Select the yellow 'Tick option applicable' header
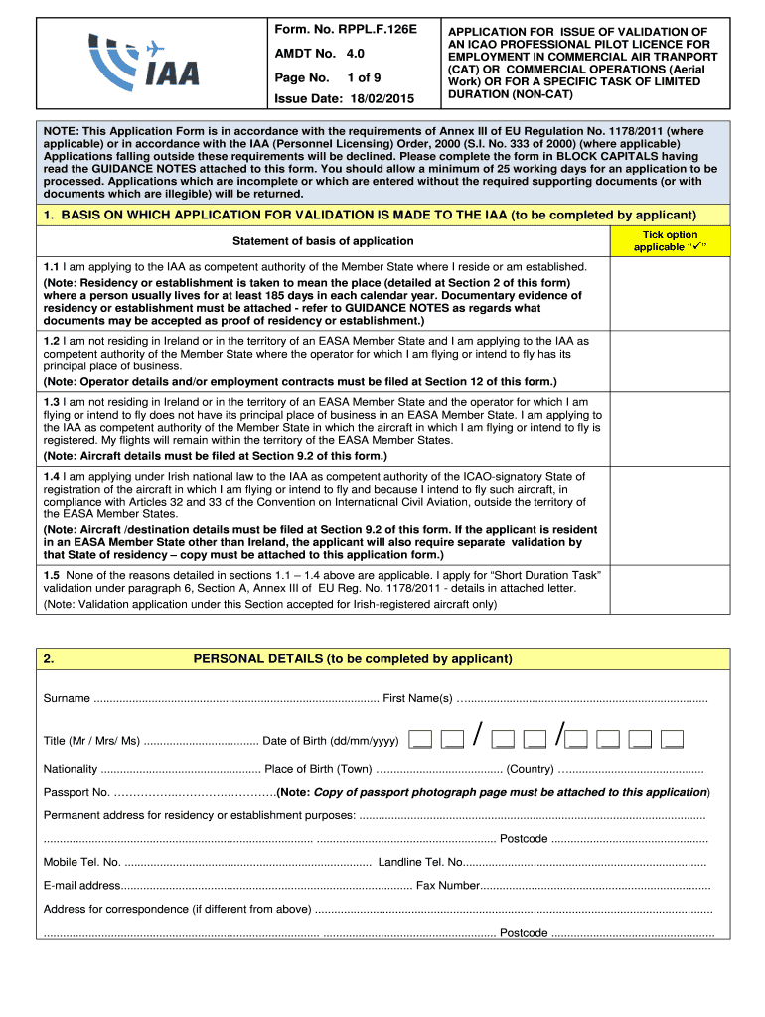point(667,240)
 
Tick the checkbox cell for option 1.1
point(667,293)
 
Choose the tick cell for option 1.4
point(667,515)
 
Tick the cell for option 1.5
point(667,589)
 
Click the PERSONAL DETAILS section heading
point(353,658)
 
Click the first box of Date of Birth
point(421,739)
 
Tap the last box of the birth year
point(673,739)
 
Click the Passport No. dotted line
point(195,792)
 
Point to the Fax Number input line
point(595,885)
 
